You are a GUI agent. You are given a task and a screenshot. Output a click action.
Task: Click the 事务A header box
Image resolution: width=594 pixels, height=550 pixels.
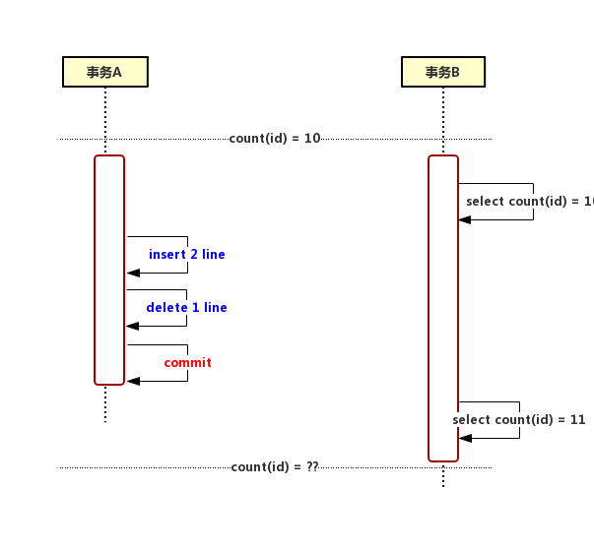coord(104,72)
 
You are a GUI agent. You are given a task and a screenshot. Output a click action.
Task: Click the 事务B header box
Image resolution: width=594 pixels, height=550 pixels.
coord(443,72)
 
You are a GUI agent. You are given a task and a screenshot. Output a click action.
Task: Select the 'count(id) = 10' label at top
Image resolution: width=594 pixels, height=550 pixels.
coord(275,139)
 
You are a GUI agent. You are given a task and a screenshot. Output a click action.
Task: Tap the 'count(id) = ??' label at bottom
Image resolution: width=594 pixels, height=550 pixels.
coord(275,467)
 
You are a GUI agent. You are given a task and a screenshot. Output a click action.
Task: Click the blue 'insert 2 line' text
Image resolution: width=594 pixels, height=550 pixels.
coord(187,255)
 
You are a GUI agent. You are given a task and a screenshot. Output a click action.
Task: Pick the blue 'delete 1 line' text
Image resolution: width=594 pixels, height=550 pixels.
coord(187,308)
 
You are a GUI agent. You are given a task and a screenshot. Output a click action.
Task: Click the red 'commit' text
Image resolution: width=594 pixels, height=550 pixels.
coord(188,363)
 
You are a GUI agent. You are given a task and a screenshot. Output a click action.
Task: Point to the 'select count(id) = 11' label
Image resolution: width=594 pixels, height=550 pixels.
coord(519,420)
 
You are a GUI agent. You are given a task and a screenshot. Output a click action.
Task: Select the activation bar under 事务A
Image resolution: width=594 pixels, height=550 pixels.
coord(109,270)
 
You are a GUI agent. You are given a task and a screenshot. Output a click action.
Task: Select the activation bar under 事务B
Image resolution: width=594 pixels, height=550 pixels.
coord(443,308)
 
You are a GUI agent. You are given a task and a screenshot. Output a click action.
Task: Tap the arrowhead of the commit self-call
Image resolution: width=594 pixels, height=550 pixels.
coord(134,381)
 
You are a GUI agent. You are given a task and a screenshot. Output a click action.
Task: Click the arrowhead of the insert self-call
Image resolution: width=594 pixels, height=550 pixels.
coord(134,273)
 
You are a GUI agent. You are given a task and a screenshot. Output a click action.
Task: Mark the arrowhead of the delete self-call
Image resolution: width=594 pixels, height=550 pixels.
coord(134,326)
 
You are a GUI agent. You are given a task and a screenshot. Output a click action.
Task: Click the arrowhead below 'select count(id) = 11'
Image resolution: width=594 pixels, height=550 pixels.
coord(466,438)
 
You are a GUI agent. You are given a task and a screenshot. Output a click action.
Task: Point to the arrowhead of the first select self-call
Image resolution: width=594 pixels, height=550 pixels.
coord(466,219)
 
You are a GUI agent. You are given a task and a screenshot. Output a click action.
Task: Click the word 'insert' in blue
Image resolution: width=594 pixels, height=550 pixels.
coord(166,255)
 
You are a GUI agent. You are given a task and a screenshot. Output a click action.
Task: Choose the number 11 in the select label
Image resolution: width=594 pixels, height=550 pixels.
coord(578,420)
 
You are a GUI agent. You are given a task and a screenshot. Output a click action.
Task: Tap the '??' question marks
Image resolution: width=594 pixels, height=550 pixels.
coord(312,467)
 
